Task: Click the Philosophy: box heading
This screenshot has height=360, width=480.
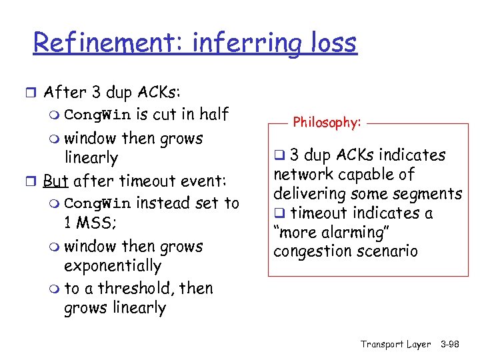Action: click(327, 123)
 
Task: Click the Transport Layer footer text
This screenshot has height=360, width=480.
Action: click(395, 344)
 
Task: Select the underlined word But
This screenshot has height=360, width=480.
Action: click(57, 181)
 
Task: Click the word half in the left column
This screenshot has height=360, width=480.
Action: click(212, 115)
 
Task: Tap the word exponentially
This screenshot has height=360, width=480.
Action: click(112, 266)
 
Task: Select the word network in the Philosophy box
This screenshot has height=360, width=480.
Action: click(301, 175)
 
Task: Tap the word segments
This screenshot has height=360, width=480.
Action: click(427, 194)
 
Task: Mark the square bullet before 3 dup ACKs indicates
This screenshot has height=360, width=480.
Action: click(279, 155)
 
